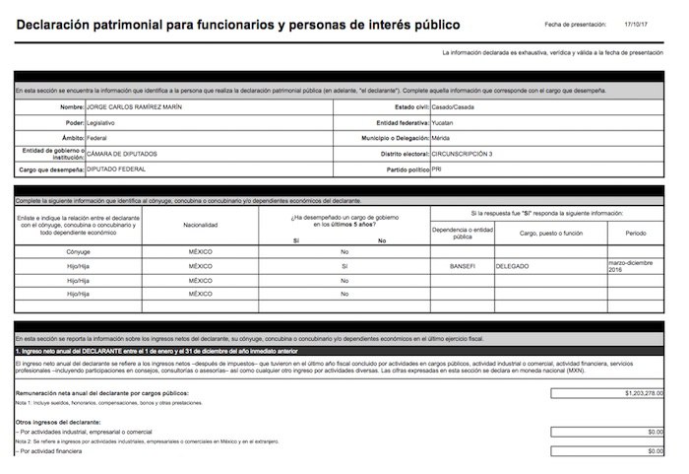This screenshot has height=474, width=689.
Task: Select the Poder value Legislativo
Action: click(101, 122)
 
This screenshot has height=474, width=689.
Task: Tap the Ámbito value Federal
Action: click(97, 138)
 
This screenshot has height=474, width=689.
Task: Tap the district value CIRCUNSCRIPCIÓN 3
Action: click(463, 154)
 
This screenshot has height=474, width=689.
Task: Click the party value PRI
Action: click(437, 169)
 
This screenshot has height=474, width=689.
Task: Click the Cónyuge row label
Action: click(79, 252)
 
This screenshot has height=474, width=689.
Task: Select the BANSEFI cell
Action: click(463, 266)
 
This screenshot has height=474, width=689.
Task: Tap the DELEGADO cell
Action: click(513, 266)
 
